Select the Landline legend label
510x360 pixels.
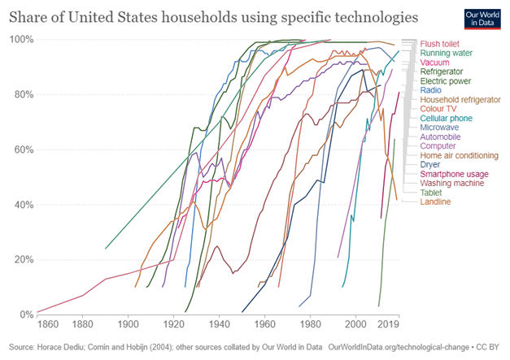[437, 202]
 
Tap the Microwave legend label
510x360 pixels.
[440, 128]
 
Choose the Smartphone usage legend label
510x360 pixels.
[454, 174]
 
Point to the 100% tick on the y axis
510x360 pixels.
[22, 40]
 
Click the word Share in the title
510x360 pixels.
[30, 15]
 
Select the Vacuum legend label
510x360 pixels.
[434, 63]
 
